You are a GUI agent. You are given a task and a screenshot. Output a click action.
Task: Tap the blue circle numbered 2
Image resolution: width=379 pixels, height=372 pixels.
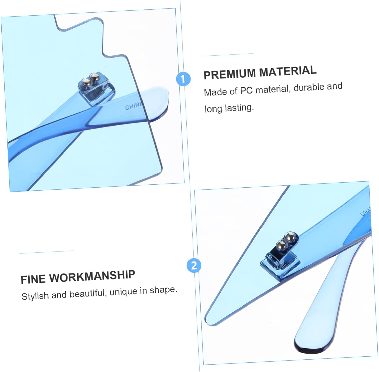[x=194, y=266]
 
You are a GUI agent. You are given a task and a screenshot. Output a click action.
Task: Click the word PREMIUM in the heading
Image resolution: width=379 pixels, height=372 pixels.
[x=230, y=74]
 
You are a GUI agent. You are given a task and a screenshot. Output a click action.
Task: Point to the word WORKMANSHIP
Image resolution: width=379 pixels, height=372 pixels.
[x=92, y=276]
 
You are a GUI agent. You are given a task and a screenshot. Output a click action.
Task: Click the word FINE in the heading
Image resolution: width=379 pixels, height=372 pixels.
[x=33, y=279]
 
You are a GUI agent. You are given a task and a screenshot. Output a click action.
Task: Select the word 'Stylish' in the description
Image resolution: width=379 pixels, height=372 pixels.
[x=35, y=296]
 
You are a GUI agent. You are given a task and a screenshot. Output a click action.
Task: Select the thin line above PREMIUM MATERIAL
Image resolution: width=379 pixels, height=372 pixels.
[x=227, y=55]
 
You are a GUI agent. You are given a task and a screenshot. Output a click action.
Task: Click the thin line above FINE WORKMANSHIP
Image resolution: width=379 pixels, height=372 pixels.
[x=46, y=252]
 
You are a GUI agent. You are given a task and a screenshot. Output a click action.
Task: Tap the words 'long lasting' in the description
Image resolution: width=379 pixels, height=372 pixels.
[x=229, y=108]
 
